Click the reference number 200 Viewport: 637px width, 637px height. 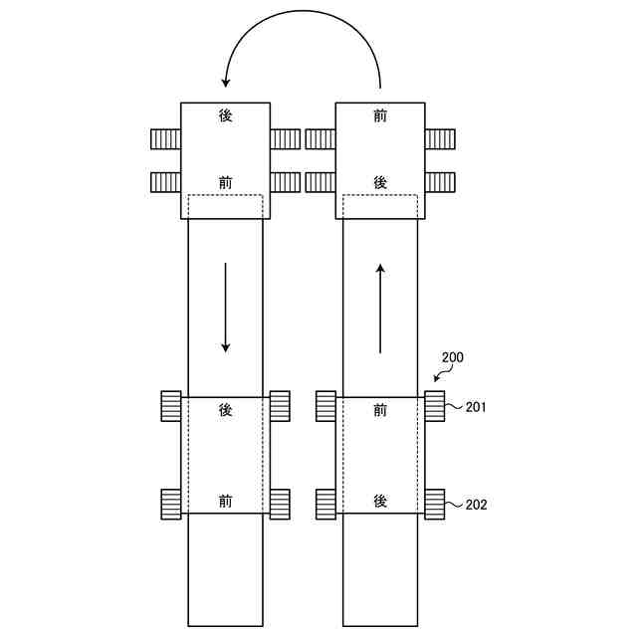point(452,357)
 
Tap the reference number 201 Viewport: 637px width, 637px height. point(476,407)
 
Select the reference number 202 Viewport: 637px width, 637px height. point(476,505)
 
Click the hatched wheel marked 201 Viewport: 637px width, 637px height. point(435,406)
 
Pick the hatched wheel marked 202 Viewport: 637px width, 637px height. point(435,505)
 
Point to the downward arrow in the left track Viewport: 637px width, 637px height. point(226,308)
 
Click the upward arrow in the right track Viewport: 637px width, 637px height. point(380,309)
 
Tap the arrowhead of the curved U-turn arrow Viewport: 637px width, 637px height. point(226,82)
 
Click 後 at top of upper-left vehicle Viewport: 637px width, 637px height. point(226,116)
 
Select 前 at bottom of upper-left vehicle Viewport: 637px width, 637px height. point(226,183)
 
